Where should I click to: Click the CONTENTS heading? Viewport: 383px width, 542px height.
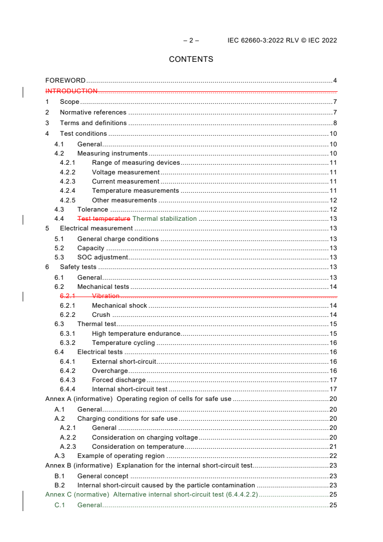pos(191,59)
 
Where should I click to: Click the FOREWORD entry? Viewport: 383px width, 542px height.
pos(65,81)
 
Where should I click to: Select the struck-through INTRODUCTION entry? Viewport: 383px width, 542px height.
pos(71,91)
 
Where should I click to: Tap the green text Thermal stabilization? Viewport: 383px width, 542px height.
pos(164,219)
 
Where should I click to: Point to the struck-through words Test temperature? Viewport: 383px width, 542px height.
pos(103,219)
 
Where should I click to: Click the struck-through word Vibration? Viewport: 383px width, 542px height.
pos(105,296)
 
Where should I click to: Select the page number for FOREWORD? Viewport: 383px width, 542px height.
pos(335,81)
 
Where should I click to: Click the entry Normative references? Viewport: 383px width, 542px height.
pos(93,113)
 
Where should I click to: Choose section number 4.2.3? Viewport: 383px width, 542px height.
pos(68,182)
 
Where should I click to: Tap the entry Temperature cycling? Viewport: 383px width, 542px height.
pos(123,343)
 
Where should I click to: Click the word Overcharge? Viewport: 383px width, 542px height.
pos(110,371)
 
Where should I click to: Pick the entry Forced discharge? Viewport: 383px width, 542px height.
pos(118,380)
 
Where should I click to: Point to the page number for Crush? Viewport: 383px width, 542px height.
pos(333,315)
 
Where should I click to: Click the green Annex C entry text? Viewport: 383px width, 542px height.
pos(151,495)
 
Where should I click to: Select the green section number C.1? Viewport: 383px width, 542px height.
pos(59,505)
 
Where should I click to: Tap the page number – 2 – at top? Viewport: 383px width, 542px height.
pos(191,41)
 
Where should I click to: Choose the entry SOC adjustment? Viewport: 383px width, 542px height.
pos(102,257)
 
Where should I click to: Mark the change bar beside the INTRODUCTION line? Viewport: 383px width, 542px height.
pos(24,92)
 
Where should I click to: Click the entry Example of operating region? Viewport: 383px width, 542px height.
pos(121,456)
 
